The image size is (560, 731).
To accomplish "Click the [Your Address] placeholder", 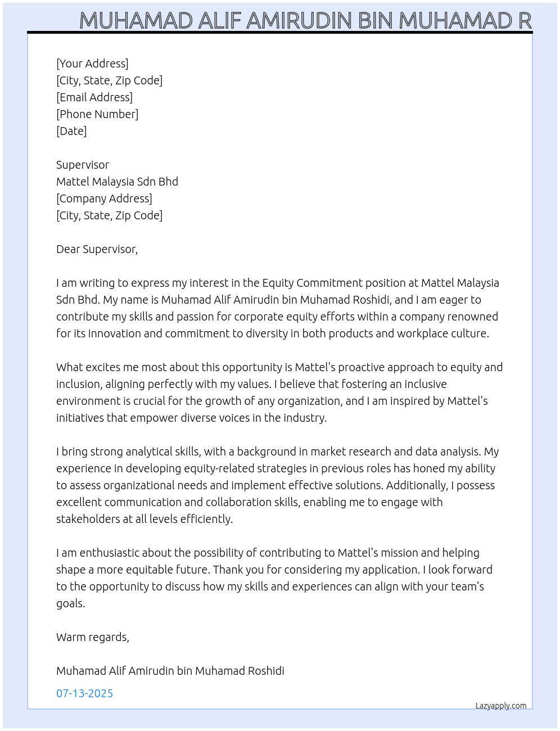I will coord(92,64).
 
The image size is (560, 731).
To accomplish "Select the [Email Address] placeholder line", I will coord(94,97).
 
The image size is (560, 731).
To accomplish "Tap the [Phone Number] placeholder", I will coord(97,114).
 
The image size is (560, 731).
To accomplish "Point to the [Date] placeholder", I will coord(71,131).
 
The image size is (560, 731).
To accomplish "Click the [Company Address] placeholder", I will coord(104,198).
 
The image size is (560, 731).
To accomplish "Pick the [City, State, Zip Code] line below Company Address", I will coord(109,215).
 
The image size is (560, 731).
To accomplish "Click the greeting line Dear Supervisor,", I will coord(97,249).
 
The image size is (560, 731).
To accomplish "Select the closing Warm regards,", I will coord(93,637).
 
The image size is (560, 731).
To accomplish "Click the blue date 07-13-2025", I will coord(84,693).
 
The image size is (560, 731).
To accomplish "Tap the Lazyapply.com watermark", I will coord(501,706).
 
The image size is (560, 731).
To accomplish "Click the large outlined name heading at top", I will coord(305,20).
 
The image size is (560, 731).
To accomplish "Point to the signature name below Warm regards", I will coord(170,671).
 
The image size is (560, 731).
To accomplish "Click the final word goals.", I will coord(71,603).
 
